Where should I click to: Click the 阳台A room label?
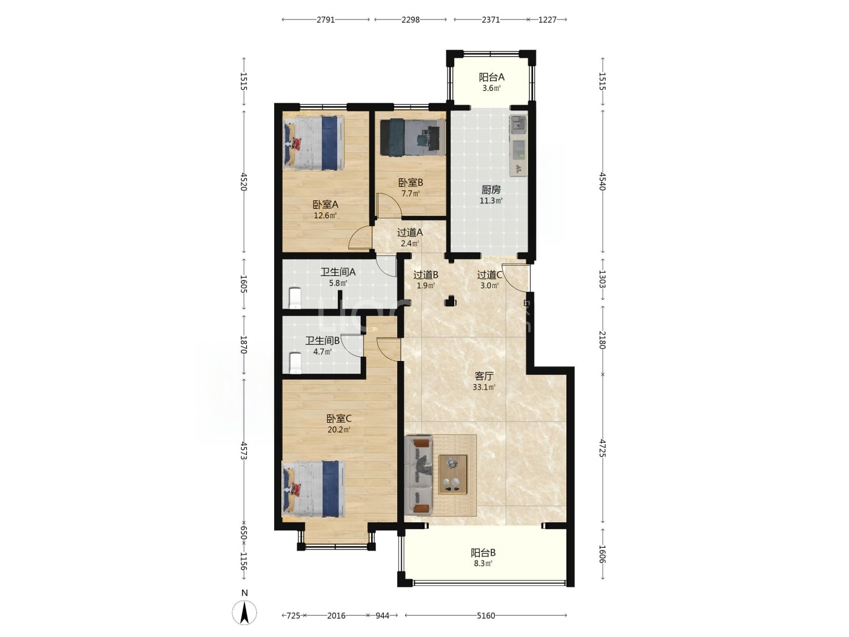point(491,78)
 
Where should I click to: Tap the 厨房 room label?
point(491,190)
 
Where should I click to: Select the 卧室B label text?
point(411,183)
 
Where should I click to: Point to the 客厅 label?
point(484,376)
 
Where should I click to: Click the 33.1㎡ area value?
point(484,387)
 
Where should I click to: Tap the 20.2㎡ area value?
point(339,430)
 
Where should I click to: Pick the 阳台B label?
point(483,553)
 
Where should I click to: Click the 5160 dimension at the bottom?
point(485,615)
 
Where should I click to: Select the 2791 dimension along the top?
point(325,20)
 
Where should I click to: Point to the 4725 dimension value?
point(602,448)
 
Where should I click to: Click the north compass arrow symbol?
point(244,613)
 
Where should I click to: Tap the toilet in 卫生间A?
point(295,298)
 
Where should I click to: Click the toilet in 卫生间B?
point(295,363)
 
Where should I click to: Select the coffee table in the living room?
point(452,474)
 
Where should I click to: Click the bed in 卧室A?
point(314,143)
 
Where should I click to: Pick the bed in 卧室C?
point(314,489)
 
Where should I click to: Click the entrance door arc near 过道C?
point(515,278)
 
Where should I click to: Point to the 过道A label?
point(410,233)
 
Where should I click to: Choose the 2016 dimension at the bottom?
point(336,615)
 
